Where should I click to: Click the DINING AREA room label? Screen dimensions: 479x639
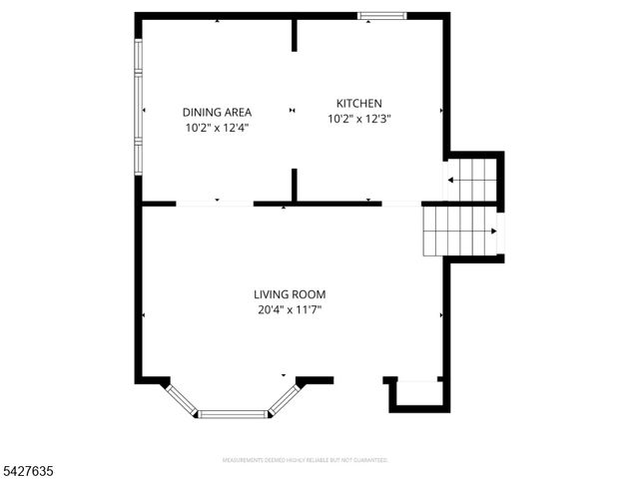(x=216, y=112)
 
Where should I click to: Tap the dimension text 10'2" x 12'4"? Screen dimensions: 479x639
(x=216, y=128)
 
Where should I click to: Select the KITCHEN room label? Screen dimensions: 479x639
(x=358, y=103)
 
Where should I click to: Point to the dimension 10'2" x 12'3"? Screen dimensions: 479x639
(x=358, y=119)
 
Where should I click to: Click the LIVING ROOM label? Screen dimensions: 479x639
(x=289, y=294)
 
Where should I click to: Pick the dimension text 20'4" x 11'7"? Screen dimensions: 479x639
(x=289, y=310)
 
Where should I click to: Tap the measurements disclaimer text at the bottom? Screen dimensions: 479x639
(x=304, y=460)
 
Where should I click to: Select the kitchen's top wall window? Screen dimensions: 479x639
(x=382, y=16)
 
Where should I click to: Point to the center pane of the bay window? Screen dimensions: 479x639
(x=232, y=413)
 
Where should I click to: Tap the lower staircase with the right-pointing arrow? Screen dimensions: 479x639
(x=460, y=231)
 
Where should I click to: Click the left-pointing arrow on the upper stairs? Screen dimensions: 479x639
(x=452, y=181)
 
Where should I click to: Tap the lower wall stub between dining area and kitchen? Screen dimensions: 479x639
(x=294, y=186)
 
